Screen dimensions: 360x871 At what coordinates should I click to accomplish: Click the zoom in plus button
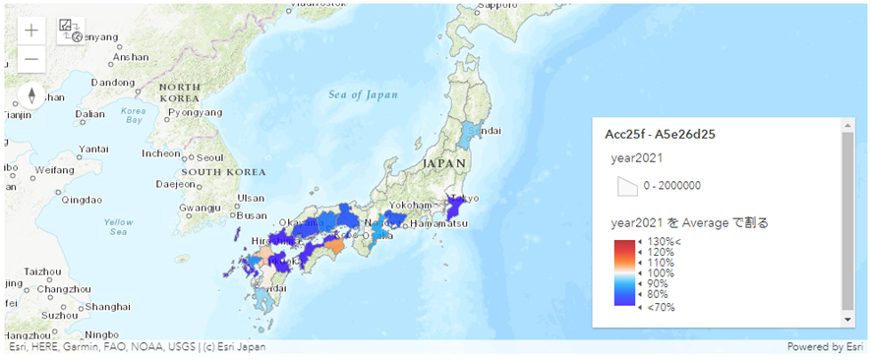tap(31, 30)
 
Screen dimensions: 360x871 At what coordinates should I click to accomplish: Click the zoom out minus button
tap(31, 58)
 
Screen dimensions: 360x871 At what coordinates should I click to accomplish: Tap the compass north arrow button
tap(31, 95)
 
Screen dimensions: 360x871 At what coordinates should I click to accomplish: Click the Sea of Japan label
tap(364, 95)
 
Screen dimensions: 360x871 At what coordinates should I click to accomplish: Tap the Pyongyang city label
tap(195, 113)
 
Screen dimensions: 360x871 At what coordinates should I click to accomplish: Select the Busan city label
tap(251, 215)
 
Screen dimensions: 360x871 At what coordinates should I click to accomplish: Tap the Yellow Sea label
tap(119, 226)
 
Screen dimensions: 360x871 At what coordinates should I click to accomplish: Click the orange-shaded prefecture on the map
tap(335, 246)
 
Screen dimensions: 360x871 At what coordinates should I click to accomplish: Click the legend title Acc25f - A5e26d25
tap(661, 134)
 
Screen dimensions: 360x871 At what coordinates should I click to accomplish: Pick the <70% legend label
tap(660, 307)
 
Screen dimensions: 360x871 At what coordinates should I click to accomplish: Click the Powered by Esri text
tap(826, 346)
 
